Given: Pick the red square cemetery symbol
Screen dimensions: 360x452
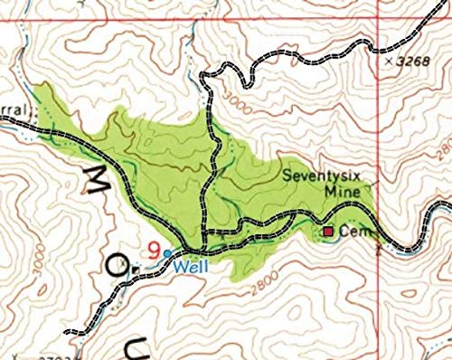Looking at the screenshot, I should coord(328,232).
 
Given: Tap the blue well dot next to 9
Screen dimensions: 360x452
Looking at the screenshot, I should coord(167,252).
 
